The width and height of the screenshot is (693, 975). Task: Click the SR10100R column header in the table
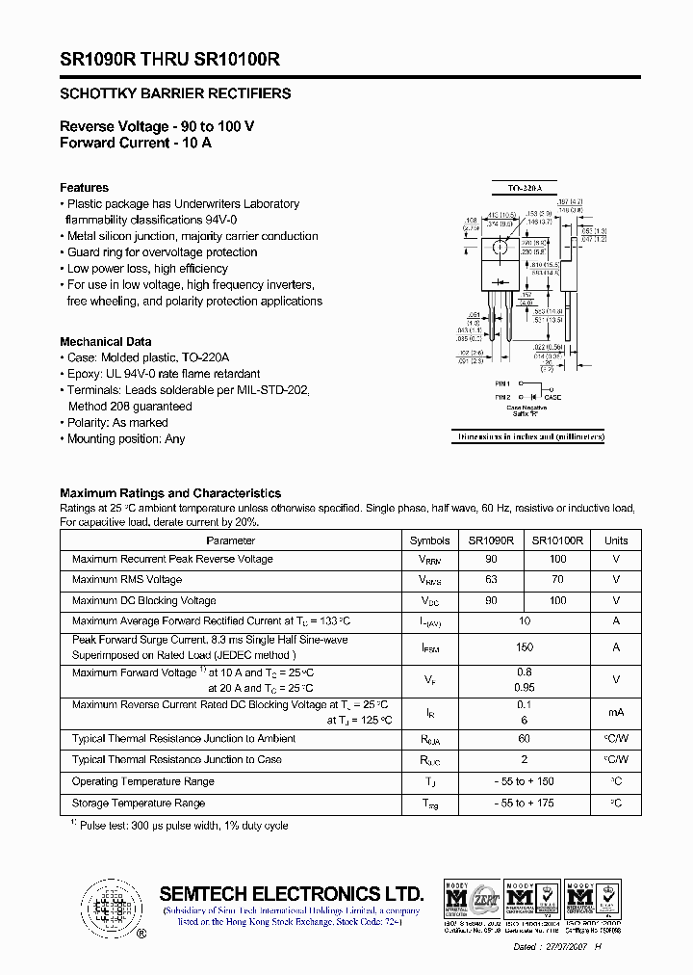[x=557, y=540]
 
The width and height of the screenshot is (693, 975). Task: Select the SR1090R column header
[x=491, y=540]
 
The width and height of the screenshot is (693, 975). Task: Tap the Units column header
[x=616, y=540]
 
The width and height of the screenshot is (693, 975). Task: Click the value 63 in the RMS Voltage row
[x=491, y=580]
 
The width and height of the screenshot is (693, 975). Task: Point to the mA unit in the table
[x=616, y=713]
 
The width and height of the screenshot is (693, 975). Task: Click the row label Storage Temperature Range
[x=139, y=803]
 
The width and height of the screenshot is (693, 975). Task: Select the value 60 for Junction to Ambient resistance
[x=524, y=739]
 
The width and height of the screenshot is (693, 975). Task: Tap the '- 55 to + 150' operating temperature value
[x=524, y=781]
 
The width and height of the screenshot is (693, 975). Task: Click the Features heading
[x=84, y=188]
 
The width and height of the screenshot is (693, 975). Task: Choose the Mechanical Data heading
[x=105, y=342]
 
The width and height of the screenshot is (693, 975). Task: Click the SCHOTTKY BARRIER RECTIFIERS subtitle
[x=175, y=94]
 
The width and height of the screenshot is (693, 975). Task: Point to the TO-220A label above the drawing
[x=526, y=188]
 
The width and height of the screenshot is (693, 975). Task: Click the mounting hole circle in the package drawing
[x=500, y=250]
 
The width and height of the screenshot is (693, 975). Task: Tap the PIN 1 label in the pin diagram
[x=502, y=383]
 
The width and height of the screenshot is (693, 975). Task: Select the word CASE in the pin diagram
[x=552, y=397]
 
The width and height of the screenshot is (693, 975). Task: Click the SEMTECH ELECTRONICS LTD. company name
[x=291, y=892]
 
